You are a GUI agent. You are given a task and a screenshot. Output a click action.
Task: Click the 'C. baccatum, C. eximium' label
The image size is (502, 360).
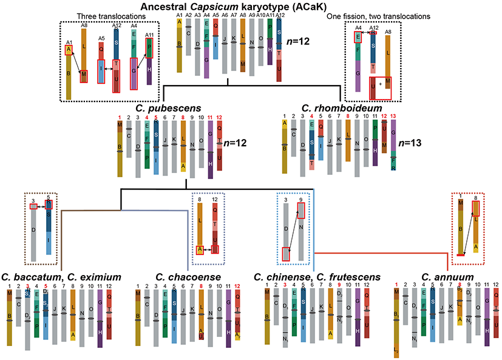(61, 277)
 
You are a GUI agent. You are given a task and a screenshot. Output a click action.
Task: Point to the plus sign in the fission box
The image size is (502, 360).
(379, 84)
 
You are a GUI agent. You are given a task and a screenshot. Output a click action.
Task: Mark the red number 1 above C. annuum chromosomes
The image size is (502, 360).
(396, 285)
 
